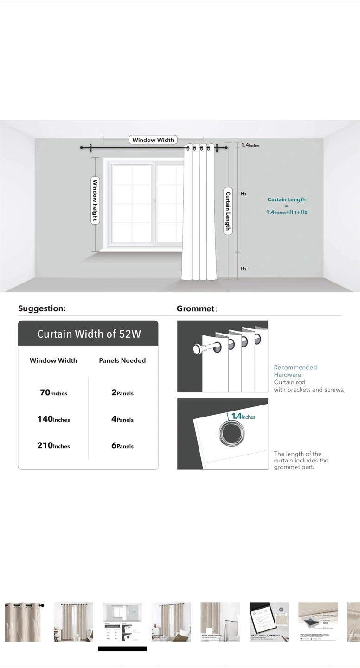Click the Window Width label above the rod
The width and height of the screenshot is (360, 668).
[153, 140]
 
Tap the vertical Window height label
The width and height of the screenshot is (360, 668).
[95, 200]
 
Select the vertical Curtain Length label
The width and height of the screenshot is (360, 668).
[228, 211]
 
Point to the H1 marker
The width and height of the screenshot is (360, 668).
[243, 193]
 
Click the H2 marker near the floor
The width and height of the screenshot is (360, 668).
[243, 269]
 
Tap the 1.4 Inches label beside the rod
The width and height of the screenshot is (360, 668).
[251, 145]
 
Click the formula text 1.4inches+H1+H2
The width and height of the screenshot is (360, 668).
[287, 212]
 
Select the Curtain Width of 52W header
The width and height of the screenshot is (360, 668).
[89, 334]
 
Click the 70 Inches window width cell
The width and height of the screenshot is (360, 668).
[53, 393]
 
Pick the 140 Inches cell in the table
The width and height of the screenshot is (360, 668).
[53, 419]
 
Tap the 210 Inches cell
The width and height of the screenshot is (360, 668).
[53, 446]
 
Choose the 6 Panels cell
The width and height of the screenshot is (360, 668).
[122, 446]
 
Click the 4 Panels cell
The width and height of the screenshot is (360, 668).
[122, 419]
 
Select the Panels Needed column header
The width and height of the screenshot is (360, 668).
[122, 360]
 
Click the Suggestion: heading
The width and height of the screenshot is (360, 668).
[42, 308]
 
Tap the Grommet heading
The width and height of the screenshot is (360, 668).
[196, 308]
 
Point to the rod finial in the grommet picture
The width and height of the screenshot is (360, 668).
[198, 349]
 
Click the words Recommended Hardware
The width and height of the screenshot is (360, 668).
[295, 371]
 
